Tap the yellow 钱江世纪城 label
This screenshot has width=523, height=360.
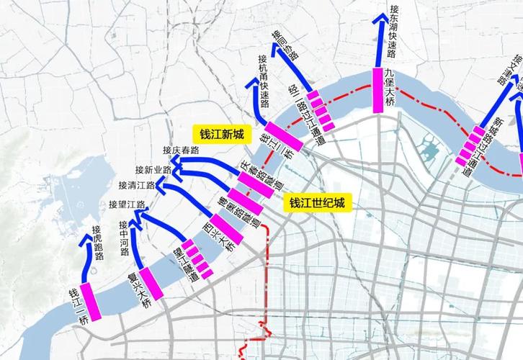(x=317, y=204)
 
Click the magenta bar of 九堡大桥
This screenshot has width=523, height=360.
(x=377, y=91)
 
